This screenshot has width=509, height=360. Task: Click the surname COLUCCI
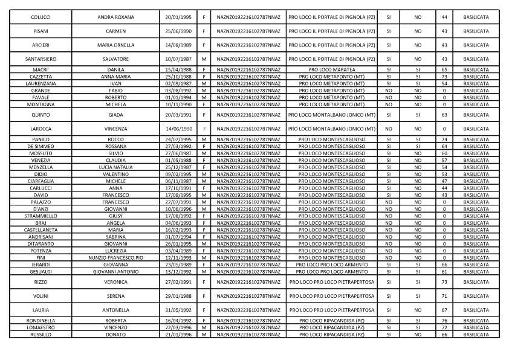pos(41,17)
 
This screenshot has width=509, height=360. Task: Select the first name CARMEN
pos(115,31)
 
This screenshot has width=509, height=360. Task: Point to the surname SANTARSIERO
pos(41,59)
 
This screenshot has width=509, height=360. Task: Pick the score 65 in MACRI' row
pos(444,70)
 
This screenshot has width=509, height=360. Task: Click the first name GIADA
pos(115,114)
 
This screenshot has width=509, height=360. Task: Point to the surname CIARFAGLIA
pos(41,181)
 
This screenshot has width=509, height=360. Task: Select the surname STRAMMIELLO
pos(41,216)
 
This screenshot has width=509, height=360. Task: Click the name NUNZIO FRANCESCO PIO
pos(115,257)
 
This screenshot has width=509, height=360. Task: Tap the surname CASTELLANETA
pos(41,230)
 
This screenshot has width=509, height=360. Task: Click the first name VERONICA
pos(115,282)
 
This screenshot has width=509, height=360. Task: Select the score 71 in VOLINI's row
pos(444,296)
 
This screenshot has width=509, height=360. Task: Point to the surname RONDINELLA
pos(41,321)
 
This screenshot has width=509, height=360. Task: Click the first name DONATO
pos(115,334)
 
